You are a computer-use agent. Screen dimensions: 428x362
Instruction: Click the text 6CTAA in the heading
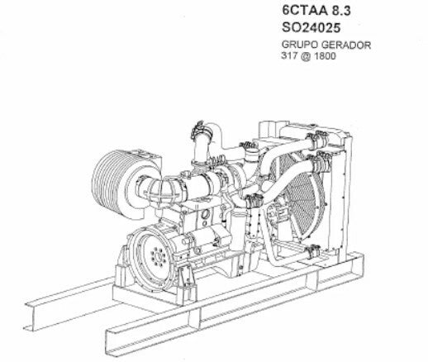[x=305, y=11]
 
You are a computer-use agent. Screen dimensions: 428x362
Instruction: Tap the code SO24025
[x=311, y=27]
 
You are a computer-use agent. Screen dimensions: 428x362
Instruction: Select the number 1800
[x=326, y=56]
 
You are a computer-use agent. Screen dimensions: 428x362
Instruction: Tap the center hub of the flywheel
[x=158, y=257]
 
